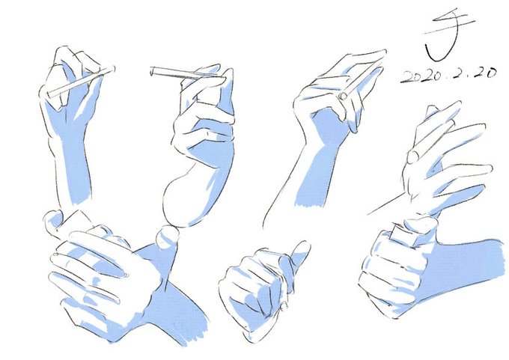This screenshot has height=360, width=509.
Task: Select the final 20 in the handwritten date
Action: click(484, 73)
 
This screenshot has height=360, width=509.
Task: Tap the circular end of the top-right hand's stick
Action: click(343, 96)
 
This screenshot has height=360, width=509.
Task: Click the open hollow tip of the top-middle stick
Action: click(152, 71)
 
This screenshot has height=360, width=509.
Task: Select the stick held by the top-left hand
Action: click(81, 82)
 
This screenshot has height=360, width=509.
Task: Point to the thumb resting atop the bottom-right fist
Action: click(421, 225)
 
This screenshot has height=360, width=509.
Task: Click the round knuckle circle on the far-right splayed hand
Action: click(413, 157)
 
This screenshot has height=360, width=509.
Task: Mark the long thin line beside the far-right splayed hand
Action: click(388, 204)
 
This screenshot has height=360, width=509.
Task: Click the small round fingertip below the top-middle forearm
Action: click(167, 237)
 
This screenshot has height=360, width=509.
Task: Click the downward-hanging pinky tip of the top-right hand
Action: click(354, 127)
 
